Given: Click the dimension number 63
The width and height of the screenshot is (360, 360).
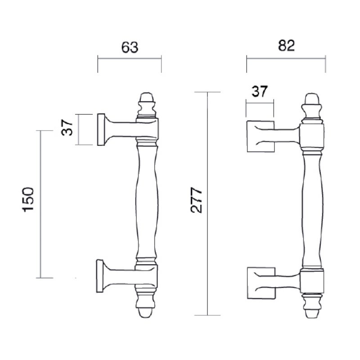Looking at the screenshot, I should tap(129, 47).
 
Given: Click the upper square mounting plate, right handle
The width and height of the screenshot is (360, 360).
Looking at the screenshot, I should tap(260, 136).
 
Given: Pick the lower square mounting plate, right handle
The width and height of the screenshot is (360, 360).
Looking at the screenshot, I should tap(260, 283).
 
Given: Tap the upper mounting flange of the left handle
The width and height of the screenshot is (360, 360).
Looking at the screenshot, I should tap(102, 129).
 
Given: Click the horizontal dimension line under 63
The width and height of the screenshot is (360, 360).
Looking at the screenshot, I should tap(129, 58).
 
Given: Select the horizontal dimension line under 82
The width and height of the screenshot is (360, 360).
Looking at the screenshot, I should tap(286, 58).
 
